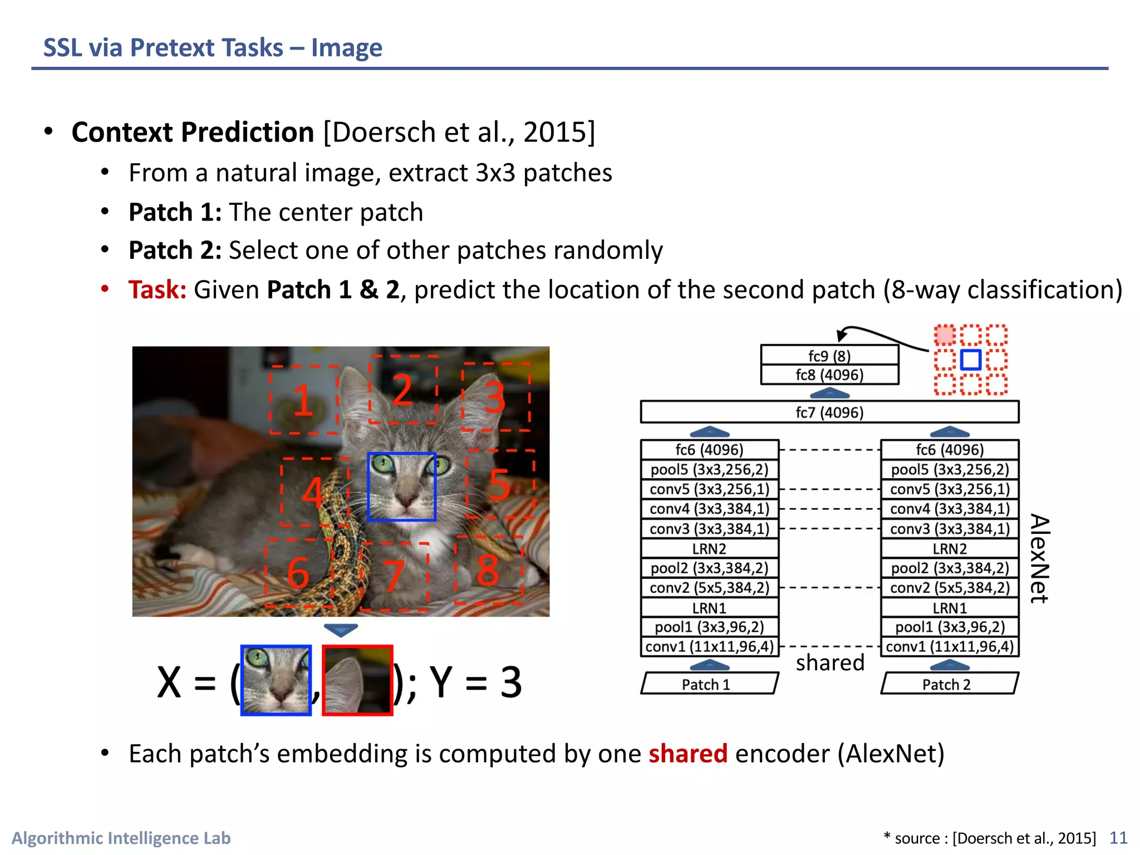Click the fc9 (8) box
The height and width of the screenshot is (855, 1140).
click(x=829, y=355)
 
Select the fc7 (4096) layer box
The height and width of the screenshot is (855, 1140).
click(x=829, y=412)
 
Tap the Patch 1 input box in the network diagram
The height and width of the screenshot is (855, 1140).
click(x=709, y=684)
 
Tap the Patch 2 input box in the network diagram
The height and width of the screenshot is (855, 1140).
click(x=949, y=684)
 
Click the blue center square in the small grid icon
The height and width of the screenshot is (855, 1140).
click(x=970, y=360)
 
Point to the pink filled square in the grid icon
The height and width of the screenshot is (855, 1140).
click(x=944, y=335)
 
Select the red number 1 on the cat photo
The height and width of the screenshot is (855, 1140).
click(x=303, y=400)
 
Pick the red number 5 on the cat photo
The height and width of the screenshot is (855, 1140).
click(x=499, y=484)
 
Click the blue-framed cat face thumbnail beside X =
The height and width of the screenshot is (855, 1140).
click(x=276, y=680)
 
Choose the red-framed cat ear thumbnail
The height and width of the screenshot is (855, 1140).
click(x=357, y=680)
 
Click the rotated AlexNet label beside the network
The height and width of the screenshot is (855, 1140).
click(x=1039, y=558)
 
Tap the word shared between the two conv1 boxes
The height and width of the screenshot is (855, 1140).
click(x=829, y=662)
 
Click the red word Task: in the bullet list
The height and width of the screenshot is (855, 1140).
click(x=157, y=290)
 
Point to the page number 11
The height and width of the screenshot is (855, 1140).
click(x=1118, y=838)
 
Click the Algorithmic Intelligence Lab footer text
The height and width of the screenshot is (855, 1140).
click(x=121, y=838)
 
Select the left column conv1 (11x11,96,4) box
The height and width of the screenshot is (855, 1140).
click(x=709, y=647)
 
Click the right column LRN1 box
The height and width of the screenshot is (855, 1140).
click(x=949, y=608)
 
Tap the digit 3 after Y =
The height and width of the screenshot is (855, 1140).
click(x=510, y=682)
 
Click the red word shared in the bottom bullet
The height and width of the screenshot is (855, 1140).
click(x=687, y=754)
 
